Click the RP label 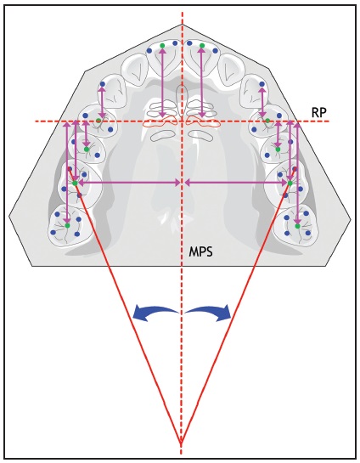point(319,112)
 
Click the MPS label point(200,252)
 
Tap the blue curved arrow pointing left point(154,313)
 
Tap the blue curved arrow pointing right point(209,313)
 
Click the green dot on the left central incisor point(162,46)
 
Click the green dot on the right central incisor point(202,46)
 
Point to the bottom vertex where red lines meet point(181,443)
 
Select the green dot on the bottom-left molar point(67,226)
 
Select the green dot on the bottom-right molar point(297,226)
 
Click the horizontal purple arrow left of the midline point(129,183)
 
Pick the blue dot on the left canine point(103,84)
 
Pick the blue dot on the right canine point(262,84)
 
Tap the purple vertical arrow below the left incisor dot point(162,82)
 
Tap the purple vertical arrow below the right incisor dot point(202,82)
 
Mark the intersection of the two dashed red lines point(182,121)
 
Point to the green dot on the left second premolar point(87,150)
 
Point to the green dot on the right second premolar point(278,150)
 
